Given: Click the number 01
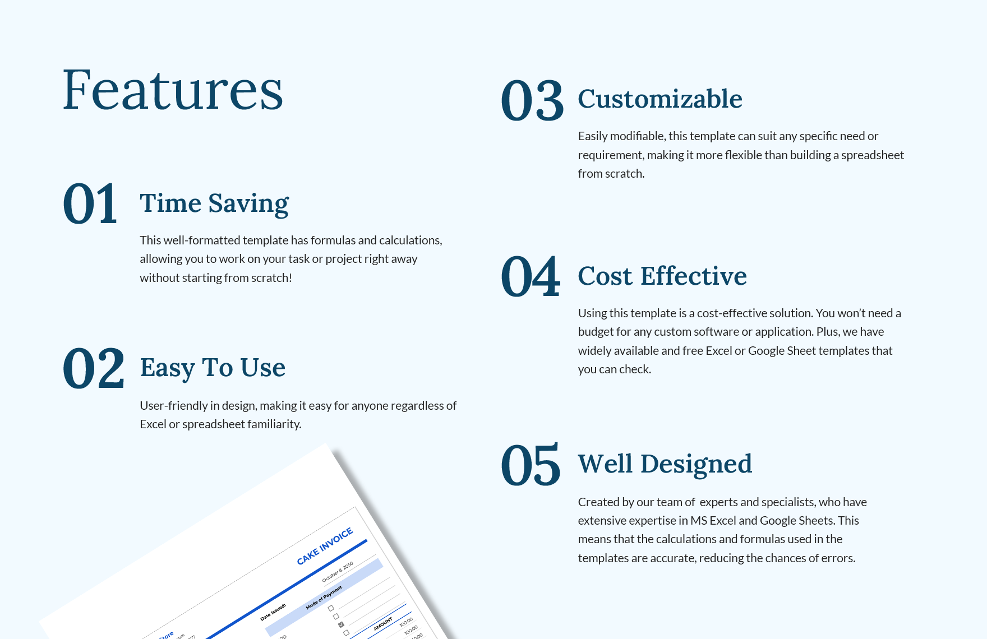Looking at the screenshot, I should click(x=90, y=203).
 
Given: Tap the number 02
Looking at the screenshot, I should click(x=94, y=368).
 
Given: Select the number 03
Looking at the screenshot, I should click(x=532, y=100).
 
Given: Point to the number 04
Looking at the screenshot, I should click(x=531, y=276).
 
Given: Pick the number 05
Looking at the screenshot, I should click(x=531, y=465).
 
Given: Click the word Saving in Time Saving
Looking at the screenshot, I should click(x=248, y=203).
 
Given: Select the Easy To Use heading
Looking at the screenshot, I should click(x=213, y=368).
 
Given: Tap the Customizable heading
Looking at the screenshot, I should click(x=660, y=99).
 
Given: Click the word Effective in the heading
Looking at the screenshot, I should click(x=694, y=276).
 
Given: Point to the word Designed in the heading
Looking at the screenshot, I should click(x=696, y=464).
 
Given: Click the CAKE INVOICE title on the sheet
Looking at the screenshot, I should click(x=325, y=546).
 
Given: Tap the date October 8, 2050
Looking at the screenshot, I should click(x=338, y=572).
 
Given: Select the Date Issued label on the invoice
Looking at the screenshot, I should click(x=273, y=612).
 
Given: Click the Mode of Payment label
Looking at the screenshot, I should click(x=324, y=598).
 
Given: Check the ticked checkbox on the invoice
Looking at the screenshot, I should click(x=341, y=624).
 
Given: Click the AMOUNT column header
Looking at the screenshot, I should click(x=383, y=624).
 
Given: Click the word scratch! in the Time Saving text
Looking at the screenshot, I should click(x=271, y=278).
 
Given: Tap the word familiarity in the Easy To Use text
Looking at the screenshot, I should click(x=274, y=424).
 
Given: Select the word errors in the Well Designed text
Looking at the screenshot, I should click(x=838, y=558).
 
